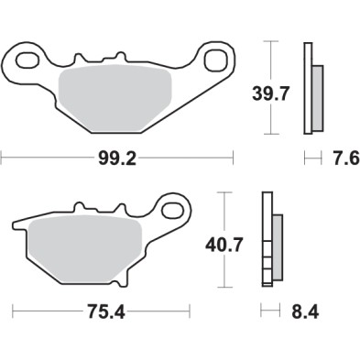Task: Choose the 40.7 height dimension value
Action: pos(223,245)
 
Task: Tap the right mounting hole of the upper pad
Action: pos(218,62)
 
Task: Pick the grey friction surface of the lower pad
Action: pos(82,245)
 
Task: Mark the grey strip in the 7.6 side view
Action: pos(317,97)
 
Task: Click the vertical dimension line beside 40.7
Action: pos(223,215)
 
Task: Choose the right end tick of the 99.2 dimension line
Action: pos(233,158)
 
